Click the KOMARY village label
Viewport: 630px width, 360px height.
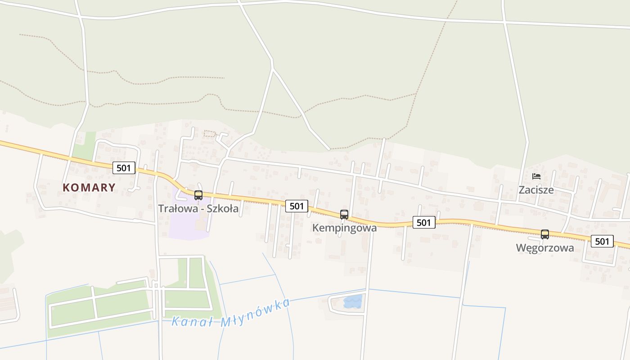click(x=89, y=187)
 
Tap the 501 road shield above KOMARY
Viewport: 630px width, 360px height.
click(x=123, y=168)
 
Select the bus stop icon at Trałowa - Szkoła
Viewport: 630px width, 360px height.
click(x=198, y=195)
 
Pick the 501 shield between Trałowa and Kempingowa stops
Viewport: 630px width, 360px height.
click(x=297, y=206)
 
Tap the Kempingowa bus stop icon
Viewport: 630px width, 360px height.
click(x=344, y=215)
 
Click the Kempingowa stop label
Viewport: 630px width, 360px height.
click(x=344, y=228)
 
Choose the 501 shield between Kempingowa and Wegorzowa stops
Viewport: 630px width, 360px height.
click(x=424, y=222)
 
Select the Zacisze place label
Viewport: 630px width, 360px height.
click(x=536, y=190)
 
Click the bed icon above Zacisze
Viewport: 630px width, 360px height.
click(x=536, y=176)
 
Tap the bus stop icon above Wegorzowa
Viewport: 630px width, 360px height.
click(x=545, y=234)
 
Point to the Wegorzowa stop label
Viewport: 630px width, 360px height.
click(x=544, y=248)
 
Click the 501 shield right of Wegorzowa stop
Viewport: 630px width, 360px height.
click(x=602, y=241)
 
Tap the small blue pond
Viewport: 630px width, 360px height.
click(x=353, y=301)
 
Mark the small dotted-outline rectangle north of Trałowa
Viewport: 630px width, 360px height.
click(x=210, y=133)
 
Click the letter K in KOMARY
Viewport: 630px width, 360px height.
click(x=67, y=187)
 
